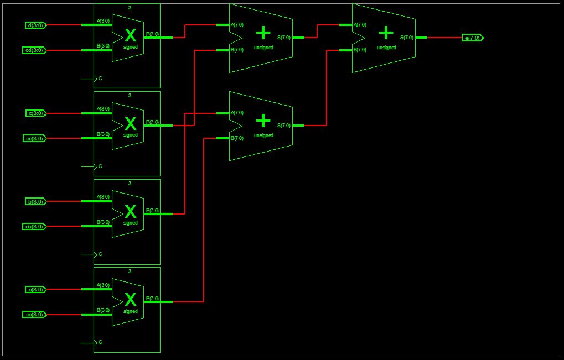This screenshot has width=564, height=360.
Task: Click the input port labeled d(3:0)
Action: point(37,25)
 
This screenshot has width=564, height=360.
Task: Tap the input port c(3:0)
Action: point(37,113)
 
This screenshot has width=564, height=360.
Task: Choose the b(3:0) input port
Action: point(37,201)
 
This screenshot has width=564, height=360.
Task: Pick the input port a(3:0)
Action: point(37,289)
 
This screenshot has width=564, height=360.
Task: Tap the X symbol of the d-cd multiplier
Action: point(131,36)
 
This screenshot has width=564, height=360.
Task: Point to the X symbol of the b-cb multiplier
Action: point(131,212)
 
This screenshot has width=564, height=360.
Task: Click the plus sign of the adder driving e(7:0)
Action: point(386,33)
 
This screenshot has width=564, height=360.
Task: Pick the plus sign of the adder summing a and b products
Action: point(263,121)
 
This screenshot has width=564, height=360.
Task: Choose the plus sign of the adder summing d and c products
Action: point(263,33)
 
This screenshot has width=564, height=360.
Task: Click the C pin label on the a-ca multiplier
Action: point(100,342)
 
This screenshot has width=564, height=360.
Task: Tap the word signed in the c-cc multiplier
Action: point(131,135)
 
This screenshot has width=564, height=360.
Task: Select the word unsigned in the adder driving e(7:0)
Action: point(386,48)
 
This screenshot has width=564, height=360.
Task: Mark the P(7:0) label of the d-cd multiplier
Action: point(152,34)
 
